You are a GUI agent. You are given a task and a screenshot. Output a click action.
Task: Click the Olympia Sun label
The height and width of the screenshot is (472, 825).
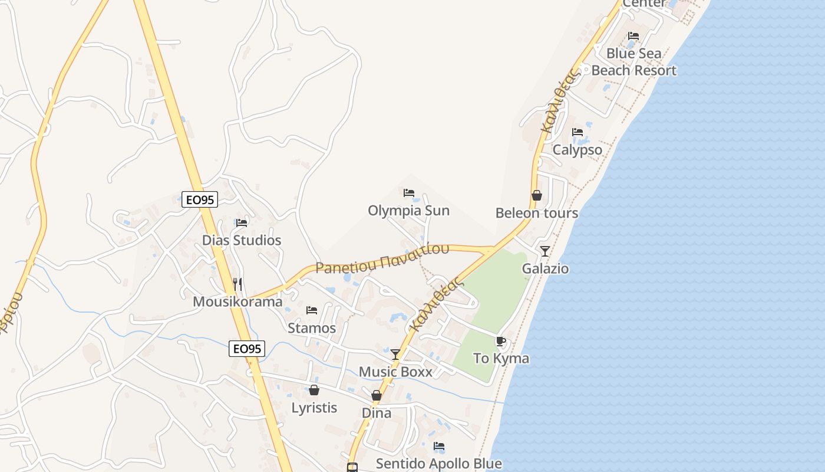coord(408,211)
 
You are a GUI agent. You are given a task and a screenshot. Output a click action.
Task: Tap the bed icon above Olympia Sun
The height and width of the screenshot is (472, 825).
coord(408,193)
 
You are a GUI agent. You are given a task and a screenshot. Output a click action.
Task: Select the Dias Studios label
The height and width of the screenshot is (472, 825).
coord(242,240)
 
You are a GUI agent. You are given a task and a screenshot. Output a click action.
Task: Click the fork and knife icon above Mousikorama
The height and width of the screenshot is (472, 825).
coord(237,284)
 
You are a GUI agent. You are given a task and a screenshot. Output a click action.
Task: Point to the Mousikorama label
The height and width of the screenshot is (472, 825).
coord(237,302)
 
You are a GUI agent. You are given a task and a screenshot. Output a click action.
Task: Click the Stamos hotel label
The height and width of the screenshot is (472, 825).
coord(312,328)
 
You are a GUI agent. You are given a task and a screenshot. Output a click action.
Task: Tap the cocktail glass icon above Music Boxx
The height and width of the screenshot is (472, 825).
coord(395,354)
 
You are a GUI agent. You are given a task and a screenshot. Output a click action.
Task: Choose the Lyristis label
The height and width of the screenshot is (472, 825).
coord(314,408)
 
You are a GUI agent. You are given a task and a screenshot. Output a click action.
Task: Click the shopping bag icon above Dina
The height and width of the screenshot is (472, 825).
coord(377,395)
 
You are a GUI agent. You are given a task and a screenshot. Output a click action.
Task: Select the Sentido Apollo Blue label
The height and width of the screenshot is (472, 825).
coord(439,464)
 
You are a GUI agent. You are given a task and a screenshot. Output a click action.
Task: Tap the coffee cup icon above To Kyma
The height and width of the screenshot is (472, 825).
coord(501,341)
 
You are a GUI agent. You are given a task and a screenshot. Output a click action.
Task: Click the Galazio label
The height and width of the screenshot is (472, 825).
coord(545,269)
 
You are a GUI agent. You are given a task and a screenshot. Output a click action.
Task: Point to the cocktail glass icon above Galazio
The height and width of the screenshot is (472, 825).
coord(545,251)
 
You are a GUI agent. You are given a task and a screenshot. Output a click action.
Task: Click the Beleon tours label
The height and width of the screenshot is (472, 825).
coord(536,213)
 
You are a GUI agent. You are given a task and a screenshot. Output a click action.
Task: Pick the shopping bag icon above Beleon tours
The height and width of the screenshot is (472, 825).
coord(536,195)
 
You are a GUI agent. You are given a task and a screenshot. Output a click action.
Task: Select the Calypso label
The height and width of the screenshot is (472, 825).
coord(577,150)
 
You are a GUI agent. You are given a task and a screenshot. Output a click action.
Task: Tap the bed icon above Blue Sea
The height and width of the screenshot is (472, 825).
coord(633,36)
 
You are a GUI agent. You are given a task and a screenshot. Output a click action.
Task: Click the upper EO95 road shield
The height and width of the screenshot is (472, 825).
coord(200,199)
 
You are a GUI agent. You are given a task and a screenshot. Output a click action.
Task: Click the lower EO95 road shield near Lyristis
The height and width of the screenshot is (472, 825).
coord(247,349)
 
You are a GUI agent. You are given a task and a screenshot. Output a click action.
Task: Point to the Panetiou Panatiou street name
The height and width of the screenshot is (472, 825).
coord(382,258)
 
